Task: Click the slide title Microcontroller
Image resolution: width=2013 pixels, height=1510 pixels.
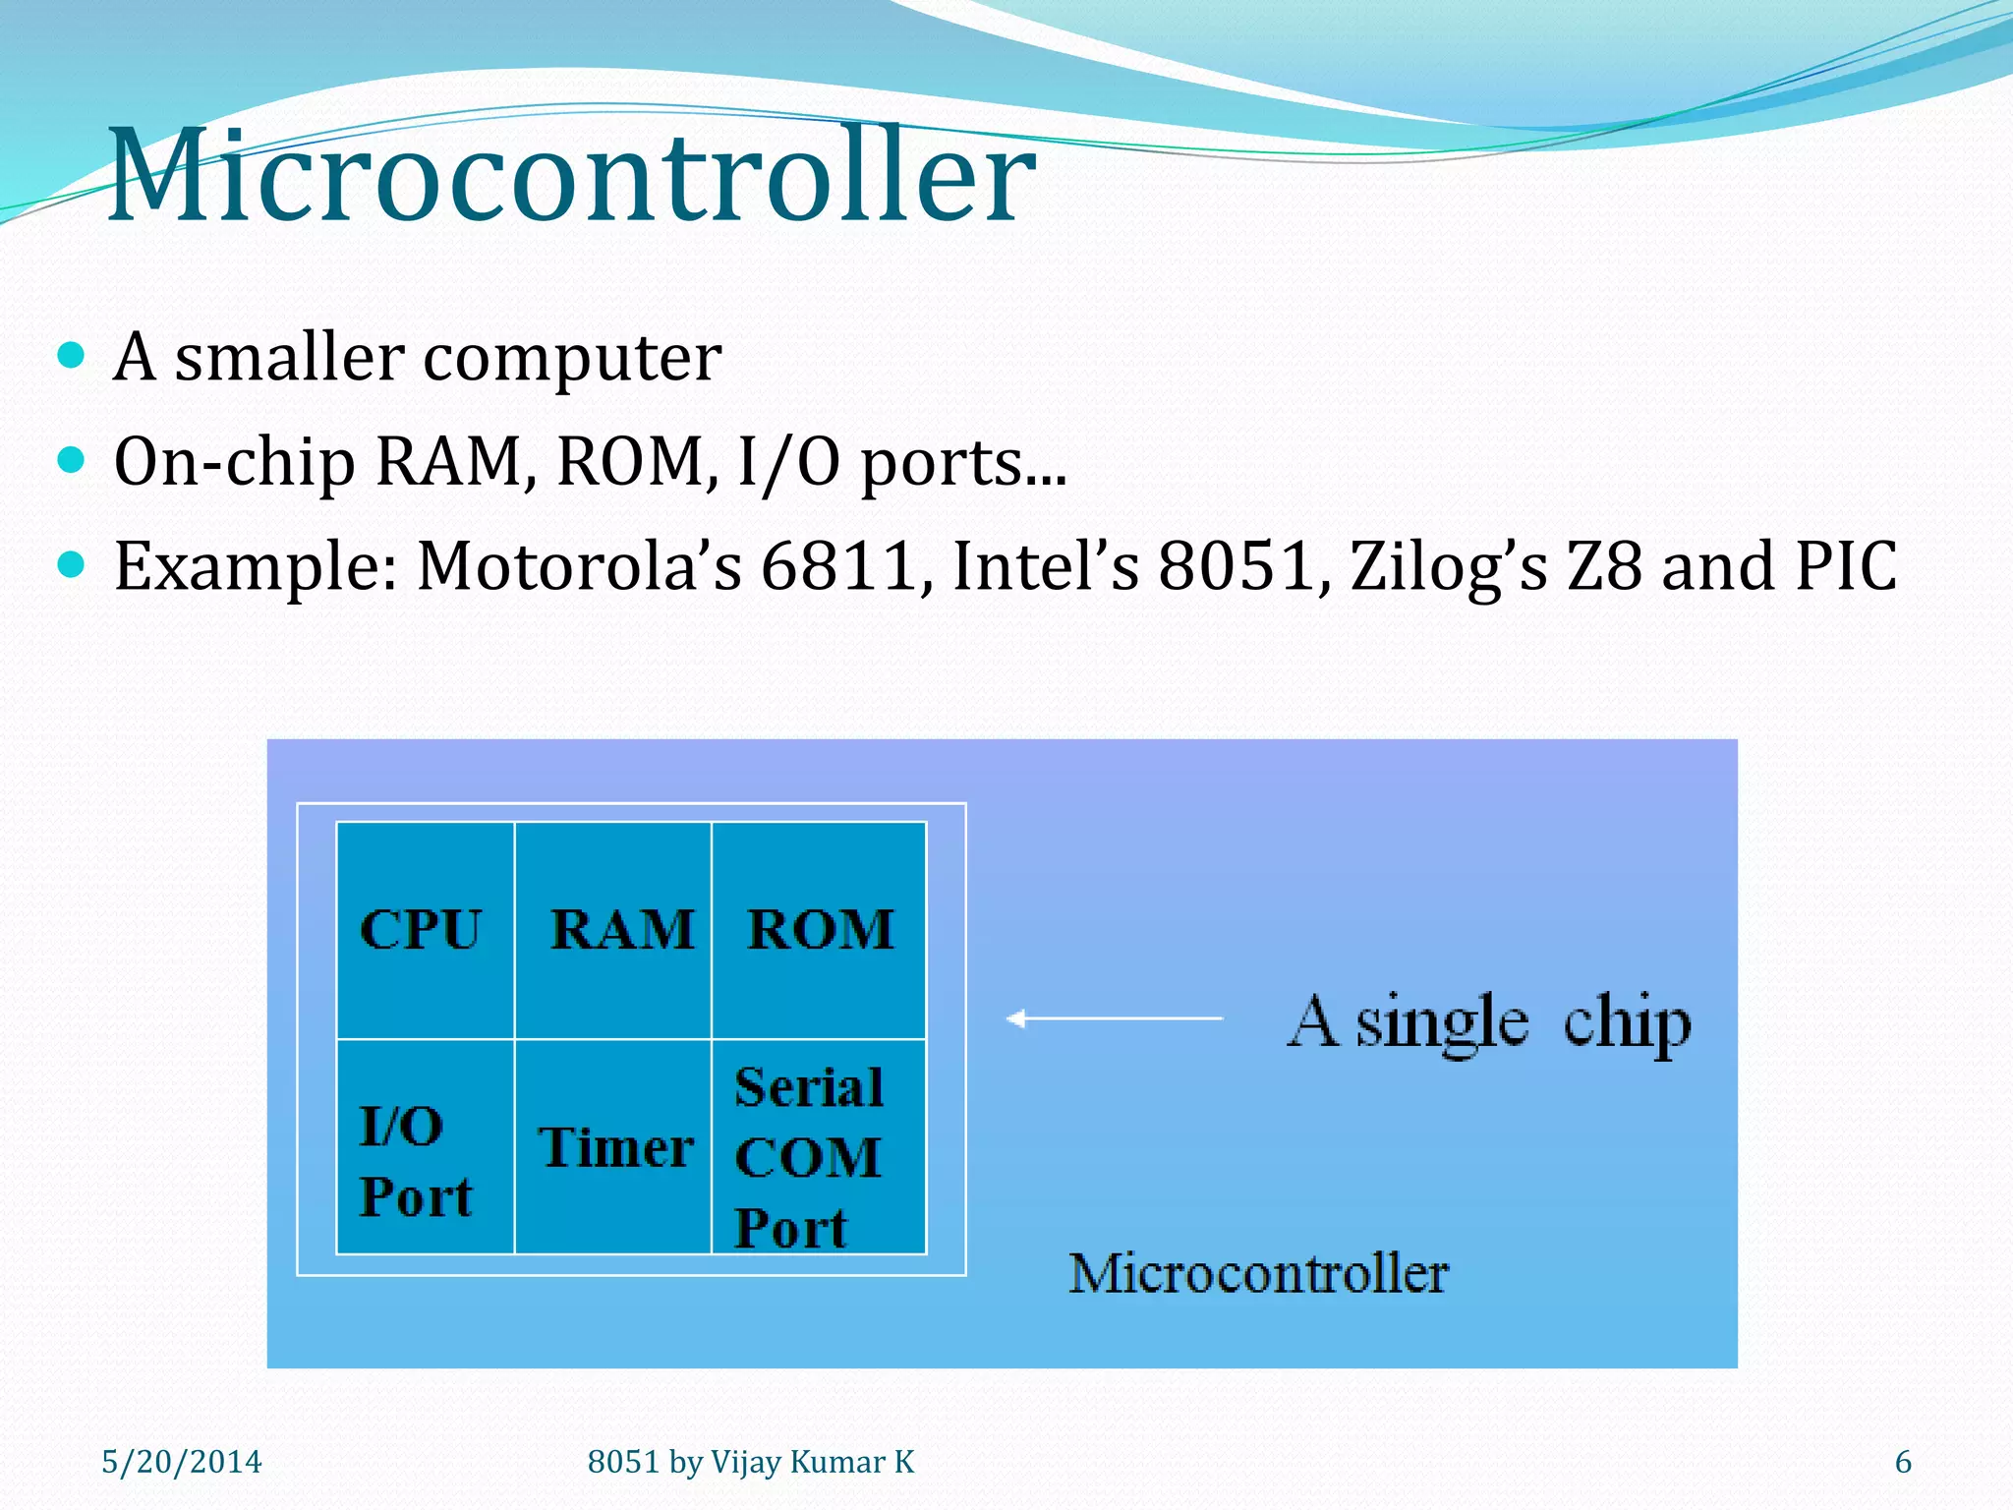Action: [570, 177]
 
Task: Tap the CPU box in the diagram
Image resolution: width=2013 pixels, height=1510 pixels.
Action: [424, 929]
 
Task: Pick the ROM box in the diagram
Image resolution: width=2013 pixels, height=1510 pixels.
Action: [820, 929]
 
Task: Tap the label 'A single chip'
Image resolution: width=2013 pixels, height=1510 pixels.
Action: [1488, 1022]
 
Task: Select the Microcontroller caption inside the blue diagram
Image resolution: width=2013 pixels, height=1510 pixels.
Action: [1258, 1274]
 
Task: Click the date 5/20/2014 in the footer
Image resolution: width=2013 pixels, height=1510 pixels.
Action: [182, 1462]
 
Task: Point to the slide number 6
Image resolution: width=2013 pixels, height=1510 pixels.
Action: [1903, 1462]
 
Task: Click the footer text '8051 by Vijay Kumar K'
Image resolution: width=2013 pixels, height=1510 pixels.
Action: [751, 1462]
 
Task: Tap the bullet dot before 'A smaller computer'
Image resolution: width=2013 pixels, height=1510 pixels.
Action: [71, 354]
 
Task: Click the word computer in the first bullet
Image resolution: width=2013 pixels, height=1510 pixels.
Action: [572, 357]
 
